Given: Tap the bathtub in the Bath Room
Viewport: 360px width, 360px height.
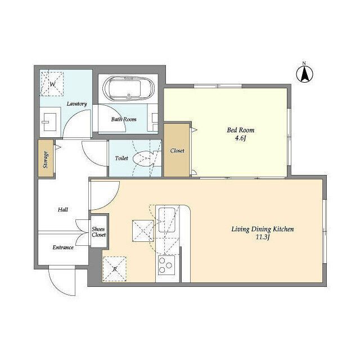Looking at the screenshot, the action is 128,89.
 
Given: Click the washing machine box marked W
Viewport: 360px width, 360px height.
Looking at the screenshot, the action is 52,84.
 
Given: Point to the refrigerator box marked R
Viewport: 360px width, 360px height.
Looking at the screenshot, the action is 115,269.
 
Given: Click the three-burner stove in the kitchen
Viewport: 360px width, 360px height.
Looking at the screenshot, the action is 166,265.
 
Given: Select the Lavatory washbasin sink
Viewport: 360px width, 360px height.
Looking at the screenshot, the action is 49,122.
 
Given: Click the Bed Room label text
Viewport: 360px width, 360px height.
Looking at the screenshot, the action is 241,130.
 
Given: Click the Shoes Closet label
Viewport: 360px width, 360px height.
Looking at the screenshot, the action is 99,232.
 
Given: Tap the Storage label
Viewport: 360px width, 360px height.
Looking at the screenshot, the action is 46,160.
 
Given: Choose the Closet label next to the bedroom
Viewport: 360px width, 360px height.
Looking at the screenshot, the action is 177,151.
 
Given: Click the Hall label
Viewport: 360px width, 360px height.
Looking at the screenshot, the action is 62,210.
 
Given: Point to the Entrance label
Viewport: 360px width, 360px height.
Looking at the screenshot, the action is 63,247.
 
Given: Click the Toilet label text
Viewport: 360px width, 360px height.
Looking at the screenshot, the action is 121,158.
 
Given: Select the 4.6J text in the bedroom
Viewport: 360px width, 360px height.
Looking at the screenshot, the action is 241,139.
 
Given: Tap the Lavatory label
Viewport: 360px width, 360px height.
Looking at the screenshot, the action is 76,103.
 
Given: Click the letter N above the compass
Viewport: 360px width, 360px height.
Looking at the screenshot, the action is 304,64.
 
